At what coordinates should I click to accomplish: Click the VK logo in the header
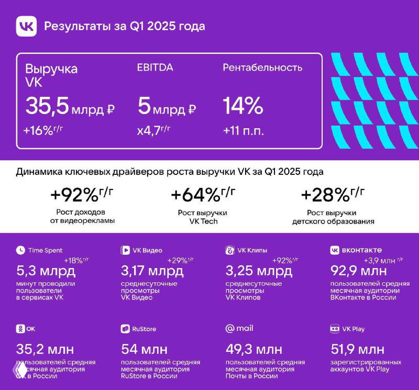pyautogui.click(x=27, y=26)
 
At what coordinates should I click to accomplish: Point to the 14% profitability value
pyautogui.click(x=242, y=107)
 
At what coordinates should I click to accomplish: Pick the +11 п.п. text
pyautogui.click(x=243, y=131)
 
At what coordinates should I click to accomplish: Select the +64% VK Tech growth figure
pyautogui.click(x=202, y=195)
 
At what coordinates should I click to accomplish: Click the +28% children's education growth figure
pyautogui.click(x=332, y=195)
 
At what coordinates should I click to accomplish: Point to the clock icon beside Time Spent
pyautogui.click(x=20, y=250)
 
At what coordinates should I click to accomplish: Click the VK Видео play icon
pyautogui.click(x=125, y=250)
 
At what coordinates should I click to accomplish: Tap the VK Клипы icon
pyautogui.click(x=229, y=250)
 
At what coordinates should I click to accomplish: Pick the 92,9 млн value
pyautogui.click(x=359, y=271)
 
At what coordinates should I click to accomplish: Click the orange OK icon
pyautogui.click(x=20, y=329)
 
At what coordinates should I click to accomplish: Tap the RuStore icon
pyautogui.click(x=125, y=329)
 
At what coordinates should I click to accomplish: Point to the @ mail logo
pyautogui.click(x=239, y=328)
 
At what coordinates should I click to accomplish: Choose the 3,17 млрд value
pyautogui.click(x=152, y=271)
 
